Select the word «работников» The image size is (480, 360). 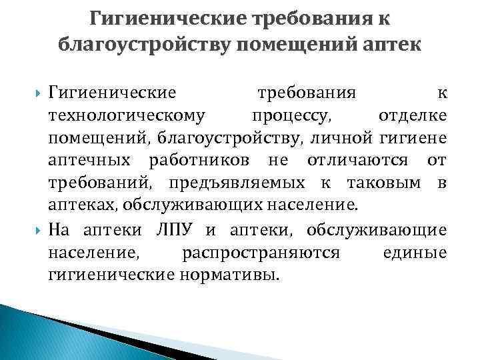tap(201, 161)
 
